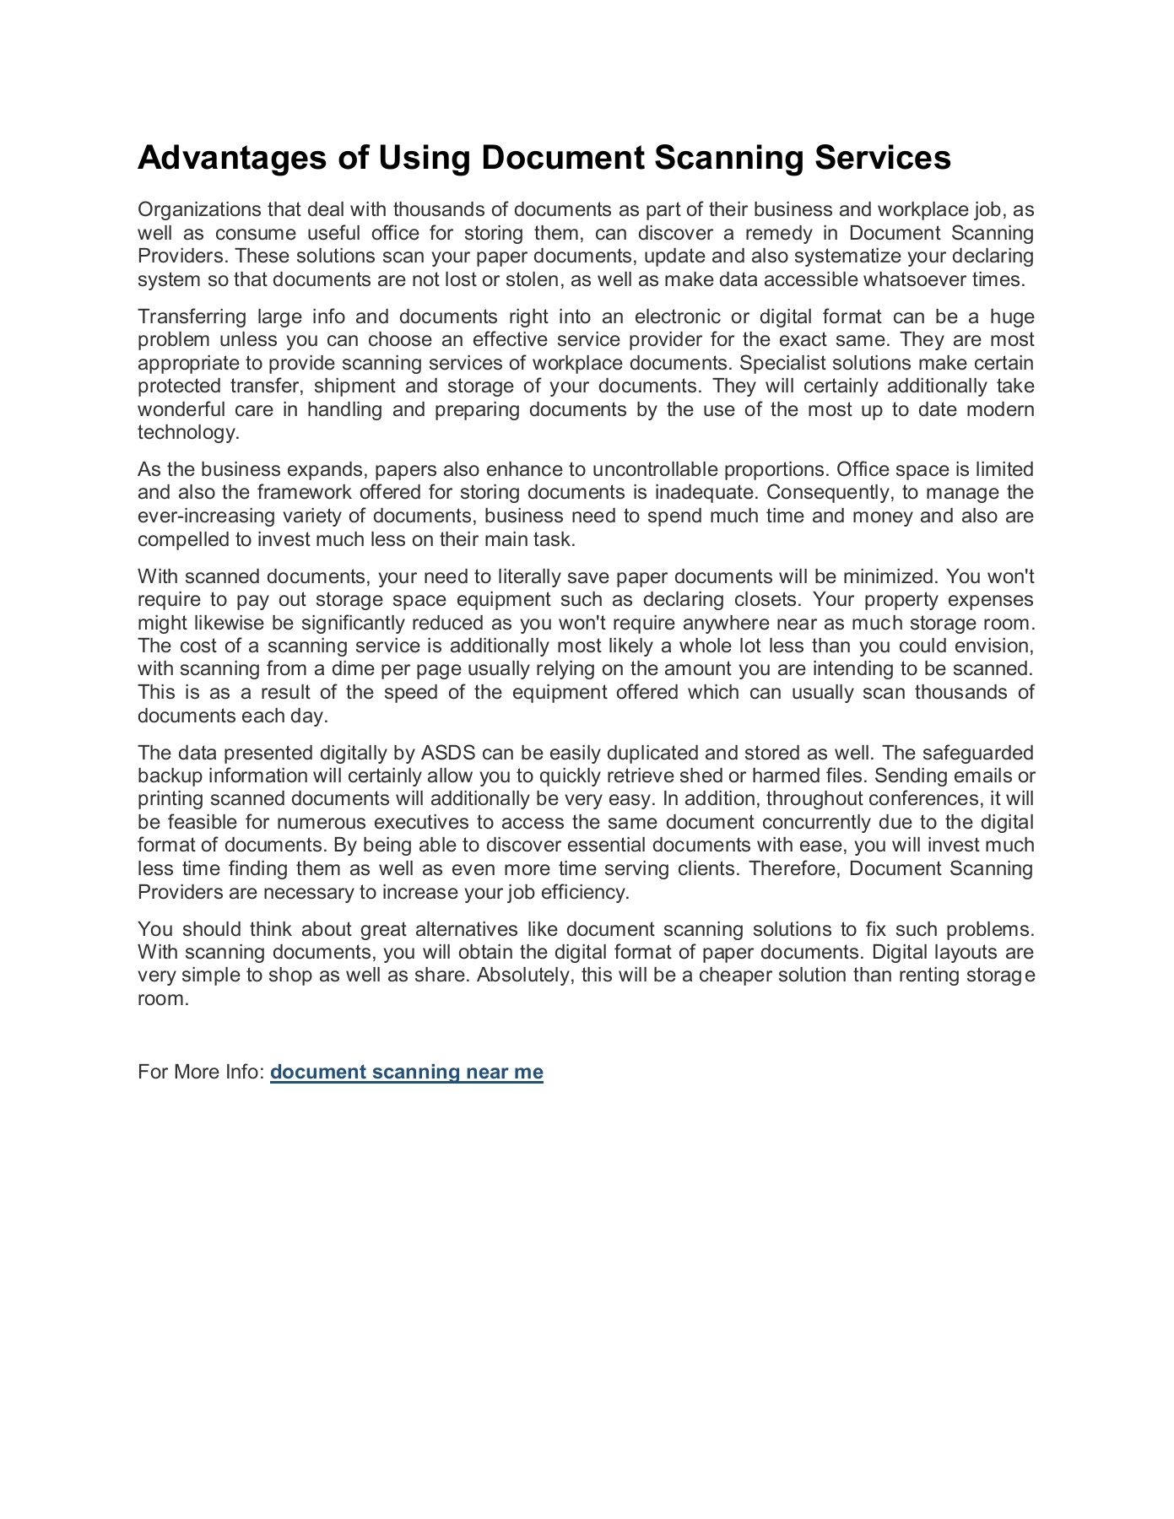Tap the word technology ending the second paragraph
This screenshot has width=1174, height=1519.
187,433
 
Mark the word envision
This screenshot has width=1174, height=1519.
993,646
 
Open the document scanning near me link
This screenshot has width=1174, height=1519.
406,1073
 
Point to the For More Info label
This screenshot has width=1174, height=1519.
201,1073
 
